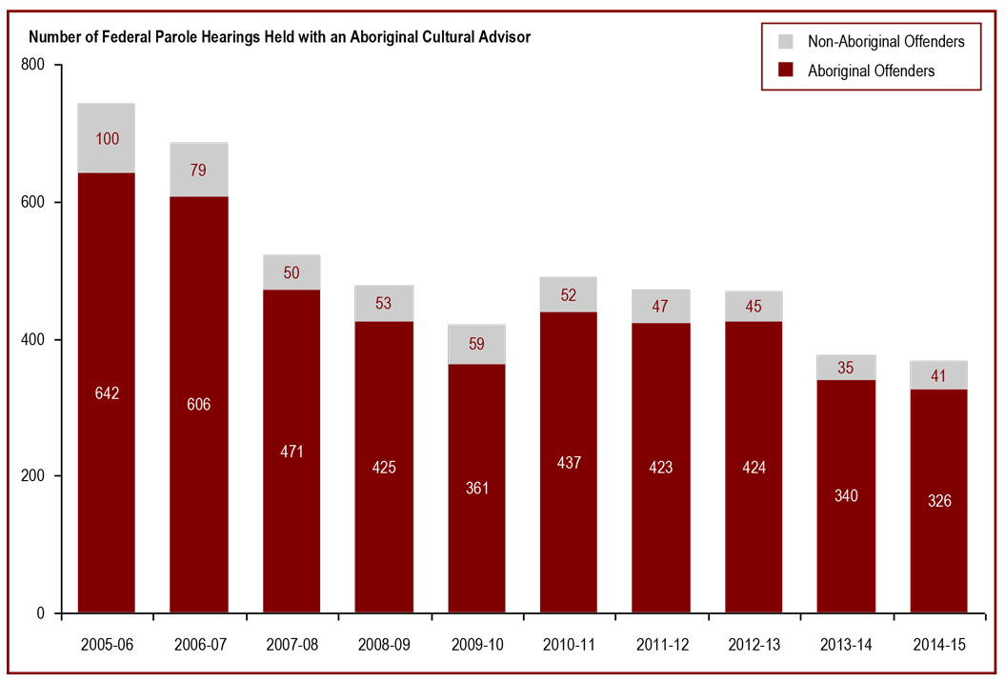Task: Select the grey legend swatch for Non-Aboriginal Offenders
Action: [786, 41]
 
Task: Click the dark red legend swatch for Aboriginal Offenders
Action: [786, 70]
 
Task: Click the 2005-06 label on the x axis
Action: [106, 645]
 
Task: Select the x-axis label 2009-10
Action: [475, 645]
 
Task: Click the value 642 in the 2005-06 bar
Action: [106, 393]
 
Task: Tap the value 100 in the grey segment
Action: [106, 139]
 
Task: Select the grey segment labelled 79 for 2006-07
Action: [198, 170]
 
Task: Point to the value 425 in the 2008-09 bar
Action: [383, 468]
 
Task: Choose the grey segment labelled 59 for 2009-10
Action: [475, 345]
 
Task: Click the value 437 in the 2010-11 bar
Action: [568, 463]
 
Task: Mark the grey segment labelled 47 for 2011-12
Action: [660, 307]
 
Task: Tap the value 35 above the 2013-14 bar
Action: [845, 368]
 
